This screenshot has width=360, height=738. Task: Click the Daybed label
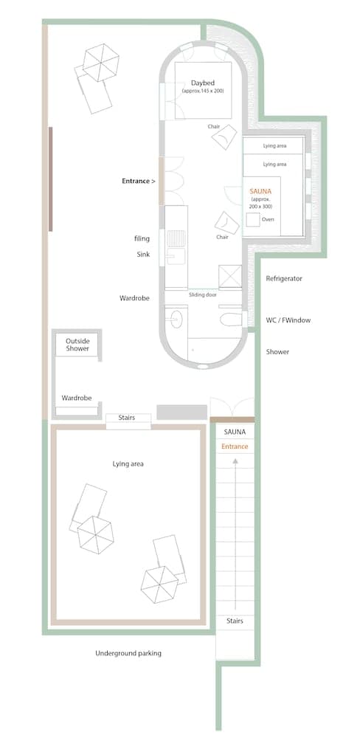(x=202, y=83)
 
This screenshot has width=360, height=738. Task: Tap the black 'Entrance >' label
(x=138, y=180)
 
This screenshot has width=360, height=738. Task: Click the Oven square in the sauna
(x=255, y=219)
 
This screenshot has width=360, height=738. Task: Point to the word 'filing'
(x=142, y=238)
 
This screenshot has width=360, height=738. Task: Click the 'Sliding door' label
(x=202, y=294)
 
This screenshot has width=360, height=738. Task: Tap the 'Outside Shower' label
(x=77, y=345)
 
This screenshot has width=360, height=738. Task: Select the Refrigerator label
(x=284, y=278)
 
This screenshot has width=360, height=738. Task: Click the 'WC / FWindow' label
(x=288, y=320)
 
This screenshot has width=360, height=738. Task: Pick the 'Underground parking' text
(x=128, y=653)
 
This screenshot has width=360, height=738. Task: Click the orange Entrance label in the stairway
(x=235, y=446)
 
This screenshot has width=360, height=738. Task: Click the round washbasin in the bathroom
(x=176, y=319)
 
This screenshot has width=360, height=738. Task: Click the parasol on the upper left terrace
(x=101, y=61)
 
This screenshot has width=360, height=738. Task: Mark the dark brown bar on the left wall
(x=50, y=179)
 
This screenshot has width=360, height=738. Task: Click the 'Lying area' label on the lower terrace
(x=128, y=463)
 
